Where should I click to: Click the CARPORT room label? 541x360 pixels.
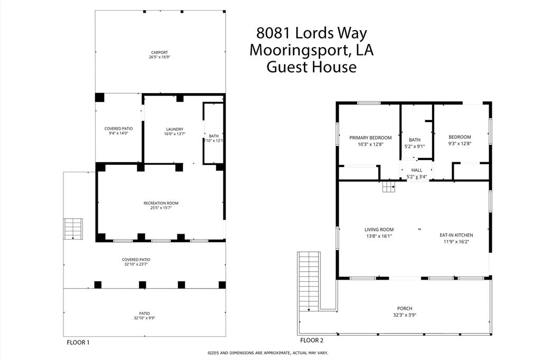(159, 52)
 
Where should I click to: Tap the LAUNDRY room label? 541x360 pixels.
(174, 129)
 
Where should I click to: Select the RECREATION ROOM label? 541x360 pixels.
(161, 203)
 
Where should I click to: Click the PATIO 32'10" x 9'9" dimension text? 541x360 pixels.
(144, 318)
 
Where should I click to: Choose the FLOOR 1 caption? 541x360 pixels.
(78, 343)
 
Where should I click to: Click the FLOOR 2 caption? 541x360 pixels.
(311, 340)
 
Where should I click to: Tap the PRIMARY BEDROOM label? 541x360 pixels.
(370, 137)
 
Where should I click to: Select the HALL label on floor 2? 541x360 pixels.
(417, 170)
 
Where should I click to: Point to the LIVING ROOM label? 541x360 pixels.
(379, 229)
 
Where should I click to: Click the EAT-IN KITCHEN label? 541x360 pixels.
(456, 235)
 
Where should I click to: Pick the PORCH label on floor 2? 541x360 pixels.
(405, 308)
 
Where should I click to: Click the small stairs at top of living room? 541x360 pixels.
(389, 187)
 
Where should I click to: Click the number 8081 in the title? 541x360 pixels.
(273, 33)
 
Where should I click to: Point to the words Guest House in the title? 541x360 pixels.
(311, 67)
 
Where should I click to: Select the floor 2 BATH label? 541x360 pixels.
(414, 140)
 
